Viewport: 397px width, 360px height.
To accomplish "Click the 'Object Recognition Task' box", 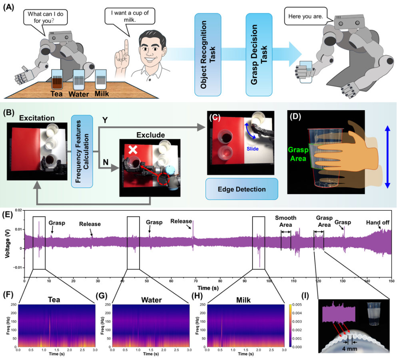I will click(207, 54).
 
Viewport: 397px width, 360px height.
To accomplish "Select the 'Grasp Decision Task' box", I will click(259, 54).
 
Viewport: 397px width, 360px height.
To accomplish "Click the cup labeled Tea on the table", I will click(59, 79).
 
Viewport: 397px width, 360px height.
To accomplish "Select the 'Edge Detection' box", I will click(241, 189).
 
